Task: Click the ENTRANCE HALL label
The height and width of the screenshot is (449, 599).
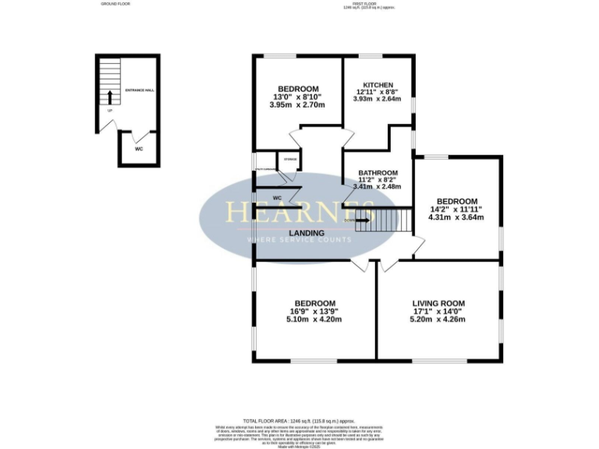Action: [x=140, y=90]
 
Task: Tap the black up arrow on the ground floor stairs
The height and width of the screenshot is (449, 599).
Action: [x=109, y=97]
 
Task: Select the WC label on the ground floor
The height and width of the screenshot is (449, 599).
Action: [x=139, y=148]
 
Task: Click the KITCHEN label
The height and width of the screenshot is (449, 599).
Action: [x=377, y=85]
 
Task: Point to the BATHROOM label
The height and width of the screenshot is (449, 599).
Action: [x=378, y=173]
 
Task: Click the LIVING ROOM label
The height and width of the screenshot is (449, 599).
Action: [x=438, y=303]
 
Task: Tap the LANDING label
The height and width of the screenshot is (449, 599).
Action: [x=307, y=233]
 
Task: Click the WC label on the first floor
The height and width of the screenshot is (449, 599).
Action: [x=277, y=198]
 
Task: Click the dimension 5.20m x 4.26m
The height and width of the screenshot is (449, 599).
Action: [x=438, y=319]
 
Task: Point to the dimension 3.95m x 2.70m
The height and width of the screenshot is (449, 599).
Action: [x=296, y=104]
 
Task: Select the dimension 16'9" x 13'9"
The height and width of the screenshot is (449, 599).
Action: [x=314, y=311]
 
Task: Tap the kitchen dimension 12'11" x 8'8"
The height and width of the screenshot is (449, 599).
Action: [x=377, y=92]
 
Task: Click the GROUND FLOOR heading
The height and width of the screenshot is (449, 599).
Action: [x=115, y=5]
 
